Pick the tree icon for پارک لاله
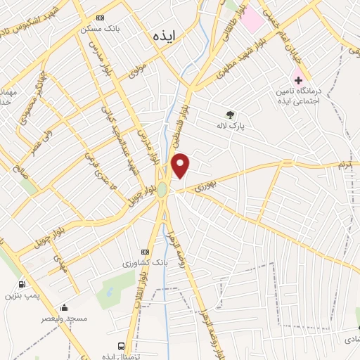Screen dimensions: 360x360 (x=229, y=115)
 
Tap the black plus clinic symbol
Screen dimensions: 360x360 (x=298, y=81)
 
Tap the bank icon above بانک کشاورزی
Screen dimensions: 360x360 (x=146, y=252)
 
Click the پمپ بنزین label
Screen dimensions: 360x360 (x=20, y=295)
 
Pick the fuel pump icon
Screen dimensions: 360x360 (x=22, y=285)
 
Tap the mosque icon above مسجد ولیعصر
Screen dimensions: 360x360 (x=65, y=307)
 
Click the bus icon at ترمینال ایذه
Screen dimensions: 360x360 (x=122, y=346)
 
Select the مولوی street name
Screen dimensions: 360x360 (x=138, y=70)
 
